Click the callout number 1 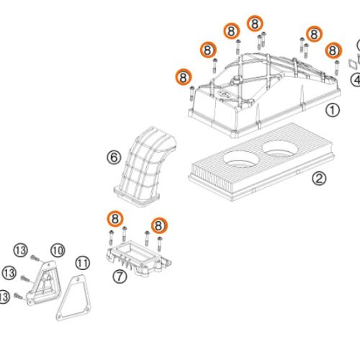click(333, 110)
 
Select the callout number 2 click(319, 179)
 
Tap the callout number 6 click(114, 158)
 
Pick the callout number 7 click(120, 276)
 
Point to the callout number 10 click(58, 251)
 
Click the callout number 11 click(83, 264)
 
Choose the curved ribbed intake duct click(145, 166)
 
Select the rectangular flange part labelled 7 click(139, 258)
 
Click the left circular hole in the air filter click(241, 159)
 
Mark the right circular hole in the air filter click(280, 149)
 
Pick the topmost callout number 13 click(21, 251)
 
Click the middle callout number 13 click(9, 273)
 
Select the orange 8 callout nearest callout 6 click(115, 219)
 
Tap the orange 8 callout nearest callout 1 click(333, 50)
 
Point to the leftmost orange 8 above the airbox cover click(183, 77)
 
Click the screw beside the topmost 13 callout click(35, 258)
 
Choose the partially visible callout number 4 click(356, 80)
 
